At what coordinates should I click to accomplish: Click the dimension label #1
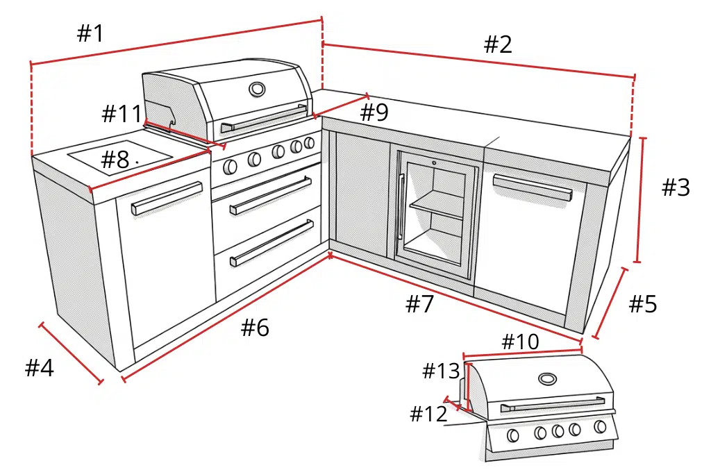[90, 33]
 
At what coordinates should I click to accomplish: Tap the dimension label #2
[498, 45]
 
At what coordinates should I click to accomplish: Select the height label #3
[676, 187]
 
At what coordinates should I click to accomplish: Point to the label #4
[40, 368]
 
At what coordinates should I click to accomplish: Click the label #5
[643, 303]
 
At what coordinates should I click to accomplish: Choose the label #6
[255, 328]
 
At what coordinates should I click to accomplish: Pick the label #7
[419, 303]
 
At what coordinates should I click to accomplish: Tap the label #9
[374, 112]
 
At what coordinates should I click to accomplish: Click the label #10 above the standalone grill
[520, 342]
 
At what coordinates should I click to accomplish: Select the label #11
[122, 114]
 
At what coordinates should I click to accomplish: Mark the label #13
[441, 371]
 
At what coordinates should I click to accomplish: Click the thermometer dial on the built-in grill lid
[257, 89]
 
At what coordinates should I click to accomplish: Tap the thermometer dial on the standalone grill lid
[547, 379]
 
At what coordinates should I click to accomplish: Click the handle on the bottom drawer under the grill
[271, 242]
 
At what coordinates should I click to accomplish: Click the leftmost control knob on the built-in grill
[229, 166]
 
